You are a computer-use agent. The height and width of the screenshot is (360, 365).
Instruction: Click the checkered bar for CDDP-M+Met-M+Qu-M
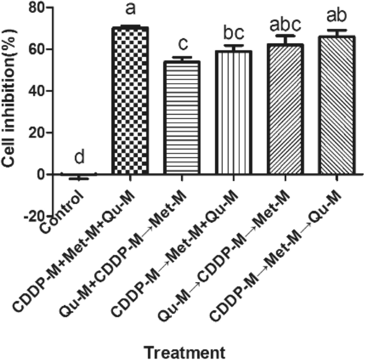coord(130,101)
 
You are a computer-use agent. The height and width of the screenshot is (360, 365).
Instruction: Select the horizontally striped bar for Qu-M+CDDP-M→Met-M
coord(182,118)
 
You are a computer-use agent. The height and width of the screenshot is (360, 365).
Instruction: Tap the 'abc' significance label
coord(285,24)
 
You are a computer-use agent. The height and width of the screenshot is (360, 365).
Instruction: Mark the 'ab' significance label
coord(337,16)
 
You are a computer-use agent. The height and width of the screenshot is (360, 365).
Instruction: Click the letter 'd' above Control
coord(78,158)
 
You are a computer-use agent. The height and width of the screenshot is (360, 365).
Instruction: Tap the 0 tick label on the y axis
coord(40,174)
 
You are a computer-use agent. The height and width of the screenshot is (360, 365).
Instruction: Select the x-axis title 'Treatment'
coord(185,352)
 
